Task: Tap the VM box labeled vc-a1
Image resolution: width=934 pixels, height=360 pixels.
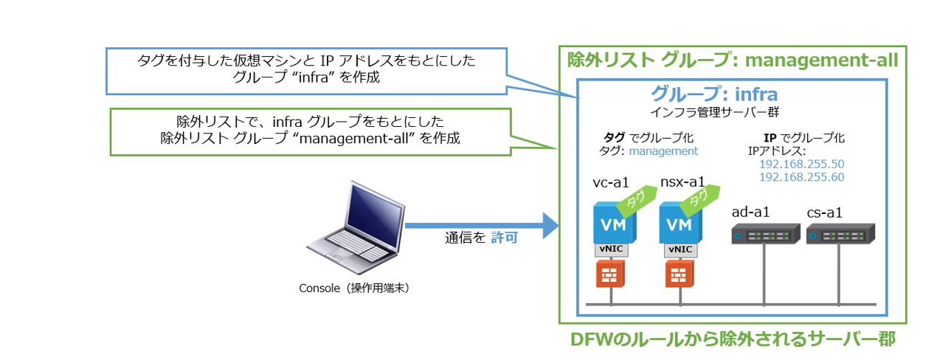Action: [610, 224]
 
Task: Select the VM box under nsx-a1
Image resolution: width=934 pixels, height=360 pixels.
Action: [679, 224]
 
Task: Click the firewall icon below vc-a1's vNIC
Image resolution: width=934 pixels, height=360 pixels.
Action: [610, 275]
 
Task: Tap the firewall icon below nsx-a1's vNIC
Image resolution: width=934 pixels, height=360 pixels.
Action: [678, 275]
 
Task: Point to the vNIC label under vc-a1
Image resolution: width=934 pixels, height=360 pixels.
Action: [611, 249]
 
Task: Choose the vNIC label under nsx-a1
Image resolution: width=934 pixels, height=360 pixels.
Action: [679, 249]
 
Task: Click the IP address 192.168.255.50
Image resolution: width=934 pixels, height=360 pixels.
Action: [801, 165]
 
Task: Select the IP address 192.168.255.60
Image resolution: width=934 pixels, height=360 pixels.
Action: [801, 178]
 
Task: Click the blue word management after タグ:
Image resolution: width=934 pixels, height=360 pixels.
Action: [663, 151]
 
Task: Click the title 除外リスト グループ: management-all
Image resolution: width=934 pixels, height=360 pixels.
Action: [732, 60]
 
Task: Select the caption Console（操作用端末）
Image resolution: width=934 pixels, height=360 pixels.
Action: [354, 288]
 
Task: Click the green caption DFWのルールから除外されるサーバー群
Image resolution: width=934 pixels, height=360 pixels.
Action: [733, 339]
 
